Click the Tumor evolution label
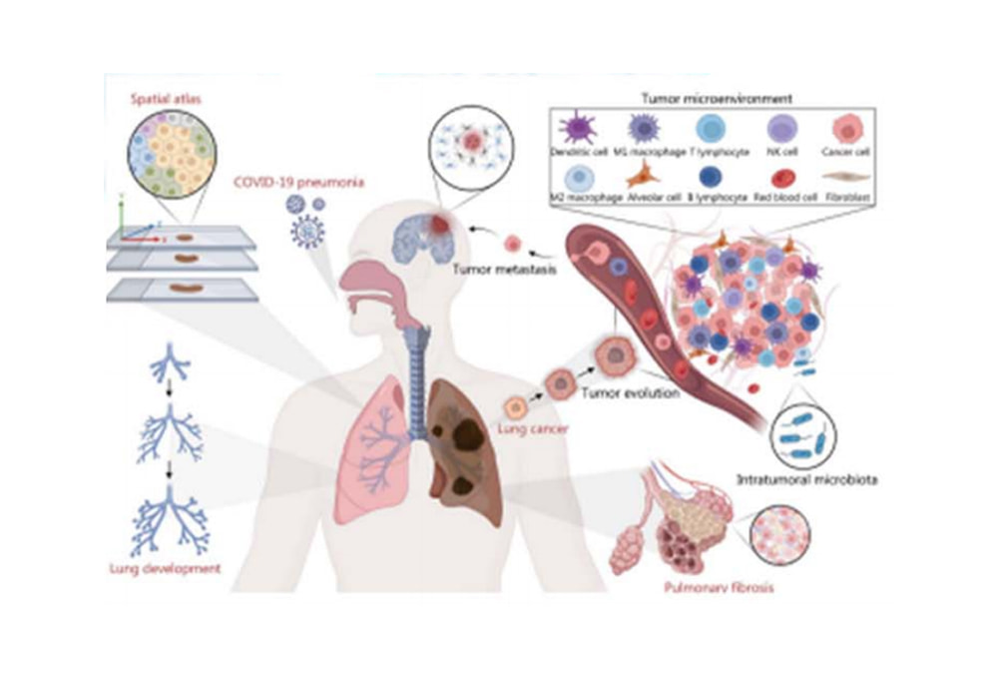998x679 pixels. click(x=641, y=393)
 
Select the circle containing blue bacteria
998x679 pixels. click(x=802, y=436)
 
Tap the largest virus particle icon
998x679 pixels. click(x=306, y=230)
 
